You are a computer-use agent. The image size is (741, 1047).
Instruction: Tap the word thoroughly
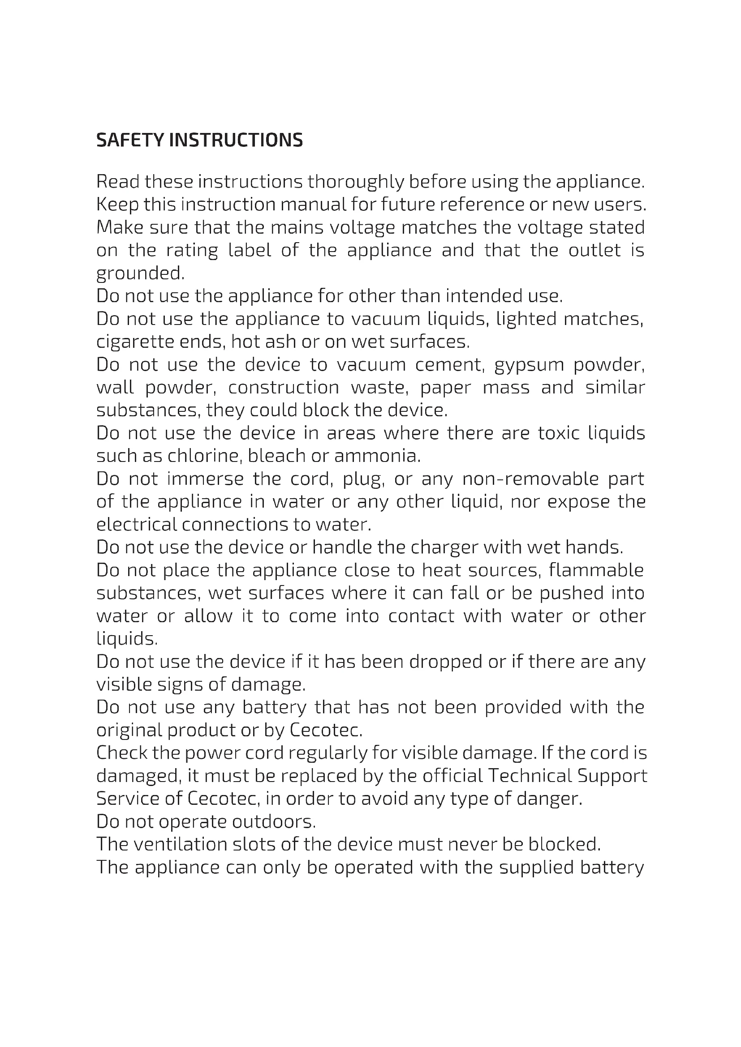click(x=356, y=182)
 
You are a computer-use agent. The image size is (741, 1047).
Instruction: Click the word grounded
click(x=140, y=274)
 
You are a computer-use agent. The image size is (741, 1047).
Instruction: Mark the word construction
click(x=283, y=388)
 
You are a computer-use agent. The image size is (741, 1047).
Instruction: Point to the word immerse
click(x=205, y=479)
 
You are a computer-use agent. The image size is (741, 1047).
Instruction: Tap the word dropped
click(x=446, y=662)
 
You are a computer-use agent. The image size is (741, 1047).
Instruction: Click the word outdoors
click(x=274, y=821)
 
